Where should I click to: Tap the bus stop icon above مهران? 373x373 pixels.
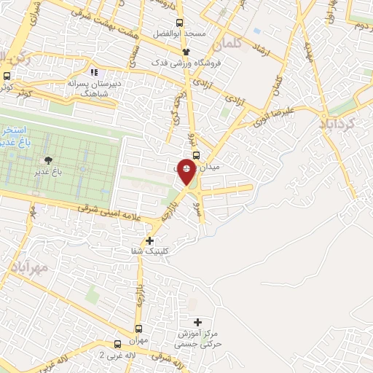(139, 329)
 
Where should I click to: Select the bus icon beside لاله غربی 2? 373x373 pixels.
(117, 344)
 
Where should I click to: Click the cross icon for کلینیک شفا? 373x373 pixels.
(150, 240)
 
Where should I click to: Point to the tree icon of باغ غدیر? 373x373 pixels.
(49, 160)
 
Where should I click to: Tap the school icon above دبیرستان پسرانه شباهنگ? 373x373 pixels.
(93, 72)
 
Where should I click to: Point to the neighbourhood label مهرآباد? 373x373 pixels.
(29, 269)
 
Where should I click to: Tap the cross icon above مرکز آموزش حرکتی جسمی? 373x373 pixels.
(198, 321)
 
